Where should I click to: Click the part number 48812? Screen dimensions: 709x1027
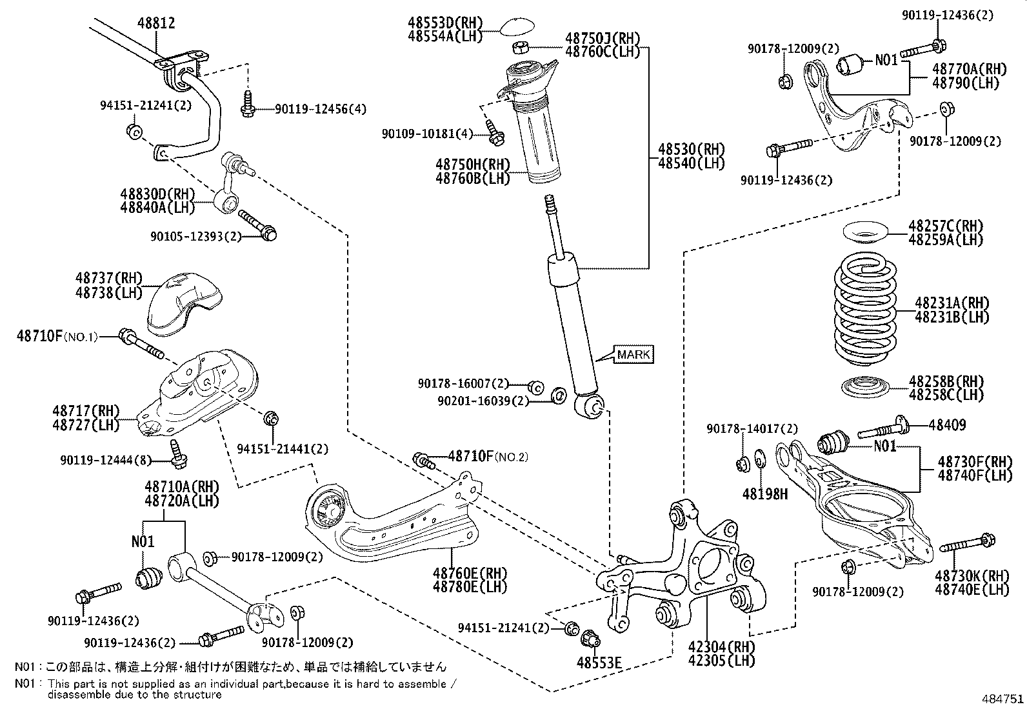156,23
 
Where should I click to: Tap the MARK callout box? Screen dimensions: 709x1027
633,354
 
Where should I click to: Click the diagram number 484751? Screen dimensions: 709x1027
1003,699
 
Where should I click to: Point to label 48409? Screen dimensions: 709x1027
948,425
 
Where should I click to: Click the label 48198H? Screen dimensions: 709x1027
765,494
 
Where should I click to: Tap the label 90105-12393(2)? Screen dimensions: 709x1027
195,237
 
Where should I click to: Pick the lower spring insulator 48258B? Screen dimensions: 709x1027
866,388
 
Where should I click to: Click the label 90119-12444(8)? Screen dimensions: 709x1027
106,461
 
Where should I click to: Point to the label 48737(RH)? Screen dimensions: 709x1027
108,278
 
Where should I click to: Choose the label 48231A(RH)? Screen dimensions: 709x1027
952,303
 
